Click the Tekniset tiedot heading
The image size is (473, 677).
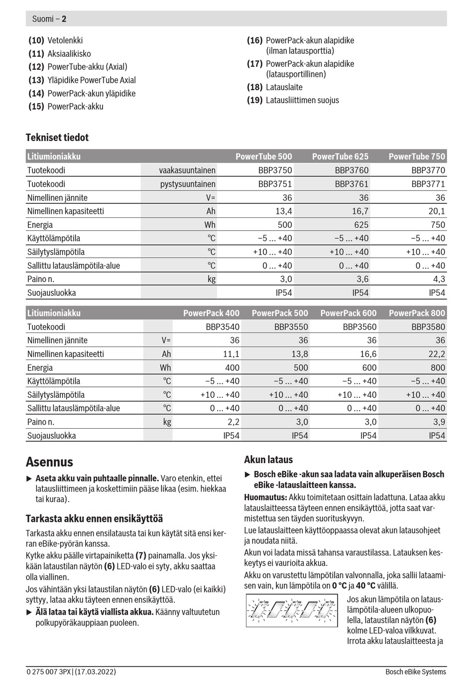tap(57, 138)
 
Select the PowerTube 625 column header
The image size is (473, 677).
tap(340, 157)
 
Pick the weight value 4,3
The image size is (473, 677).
tap(439, 279)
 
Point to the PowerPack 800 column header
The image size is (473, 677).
tap(417, 313)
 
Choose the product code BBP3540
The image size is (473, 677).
tap(222, 327)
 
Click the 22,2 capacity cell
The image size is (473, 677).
tap(436, 354)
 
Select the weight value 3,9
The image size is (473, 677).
tap(439, 422)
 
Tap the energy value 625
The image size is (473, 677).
tap(361, 225)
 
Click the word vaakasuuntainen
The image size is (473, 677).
tap(187, 170)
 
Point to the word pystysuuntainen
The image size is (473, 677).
tap(188, 184)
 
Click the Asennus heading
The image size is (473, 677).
tap(49, 462)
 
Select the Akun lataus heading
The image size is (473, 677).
tap(268, 460)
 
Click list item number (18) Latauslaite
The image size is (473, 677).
tap(275, 87)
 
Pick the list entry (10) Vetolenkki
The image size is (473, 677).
tap(56, 40)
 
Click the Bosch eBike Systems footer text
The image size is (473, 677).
tap(415, 672)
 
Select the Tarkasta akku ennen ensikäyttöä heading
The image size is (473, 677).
tap(94, 518)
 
